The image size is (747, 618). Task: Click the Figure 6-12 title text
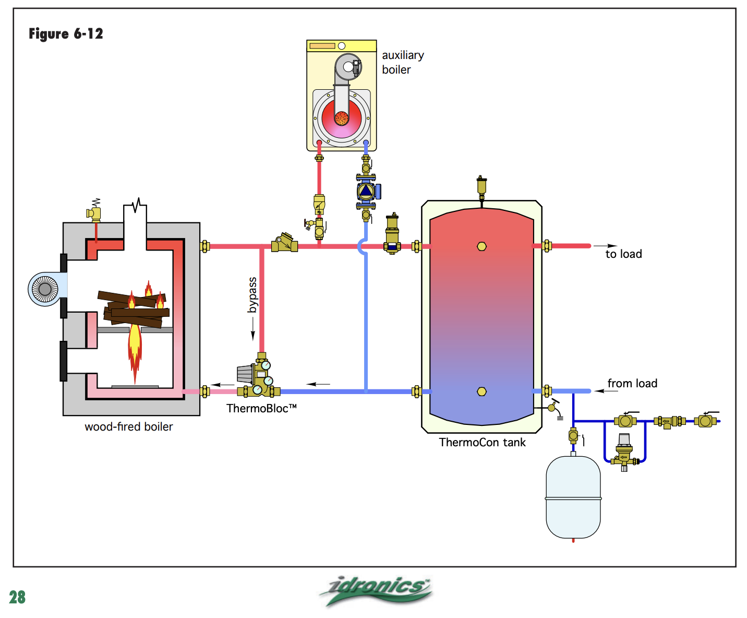pos(66,34)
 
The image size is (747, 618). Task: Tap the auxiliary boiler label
pos(403,62)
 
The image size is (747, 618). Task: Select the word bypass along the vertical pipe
pos(252,295)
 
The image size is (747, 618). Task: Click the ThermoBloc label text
pos(261,409)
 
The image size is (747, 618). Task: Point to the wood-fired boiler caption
pos(128,427)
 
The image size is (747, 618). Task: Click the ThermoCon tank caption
pos(482,443)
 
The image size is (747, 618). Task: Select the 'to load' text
pos(623,254)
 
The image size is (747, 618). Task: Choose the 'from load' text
pos(632,384)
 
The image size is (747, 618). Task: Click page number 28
pos(17,597)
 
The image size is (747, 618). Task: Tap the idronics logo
pos(376,590)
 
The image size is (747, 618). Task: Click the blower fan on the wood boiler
pos(45,289)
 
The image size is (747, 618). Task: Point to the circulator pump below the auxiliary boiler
pos(366,191)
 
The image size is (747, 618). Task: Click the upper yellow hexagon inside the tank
pos(481,246)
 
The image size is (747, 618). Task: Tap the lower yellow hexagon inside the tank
pos(481,391)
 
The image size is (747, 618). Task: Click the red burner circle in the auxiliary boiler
pos(342,118)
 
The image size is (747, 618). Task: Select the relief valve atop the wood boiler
pos(94,212)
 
